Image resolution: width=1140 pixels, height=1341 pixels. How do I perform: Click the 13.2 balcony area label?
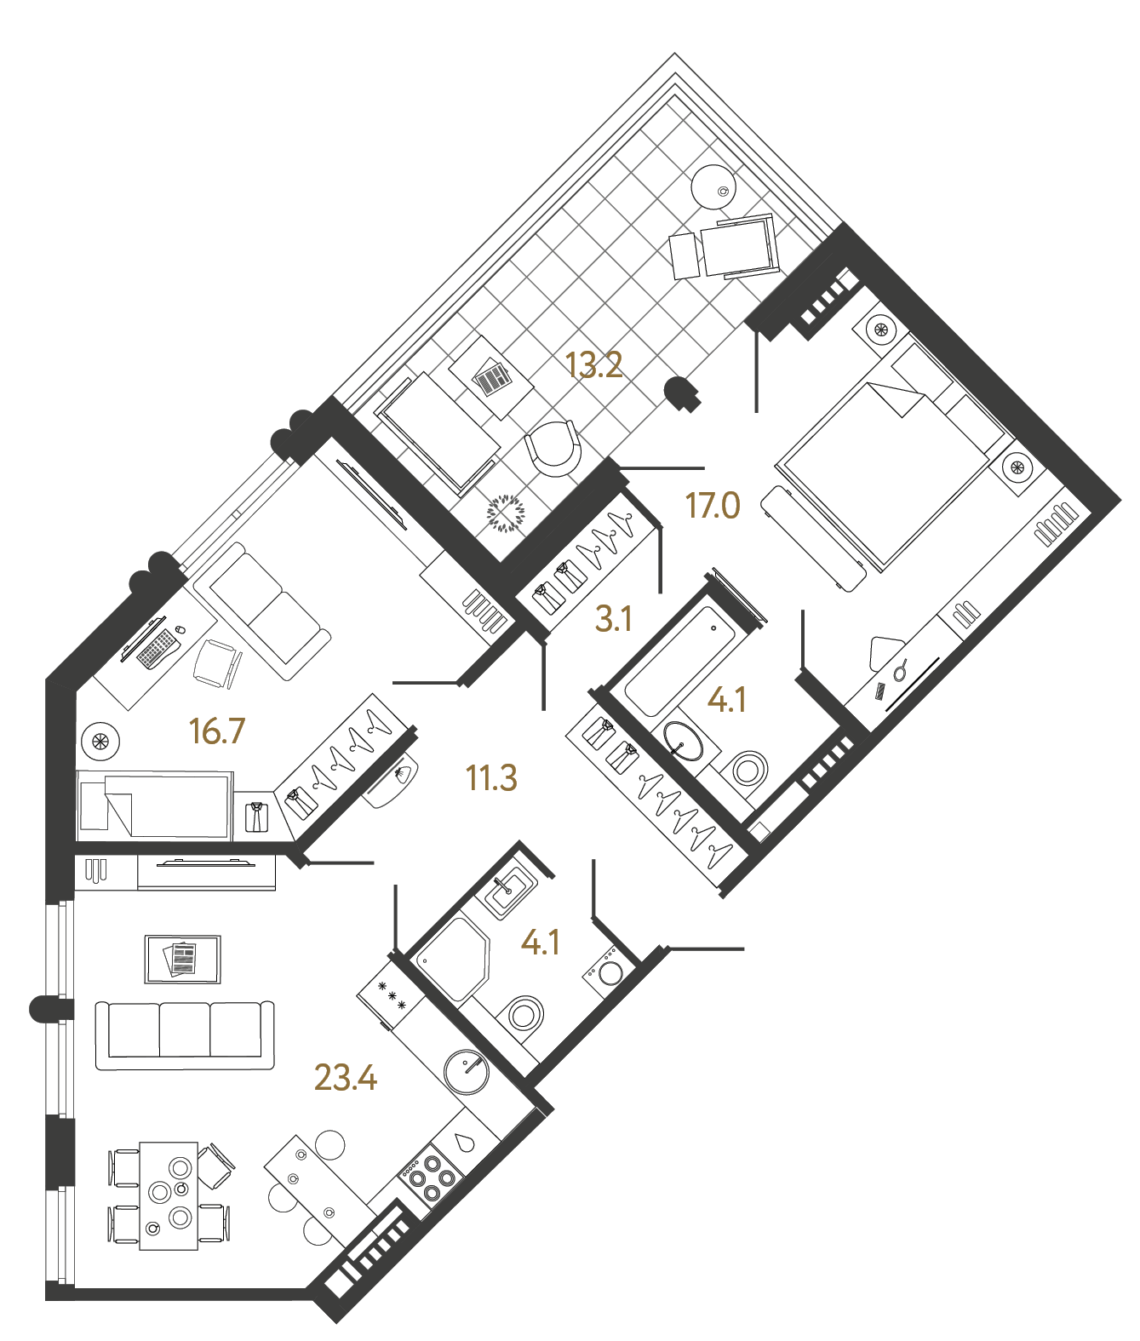coord(594,365)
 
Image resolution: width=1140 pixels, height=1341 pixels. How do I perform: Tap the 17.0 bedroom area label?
coord(713,506)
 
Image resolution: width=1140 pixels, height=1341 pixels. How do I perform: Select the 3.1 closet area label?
coord(613,619)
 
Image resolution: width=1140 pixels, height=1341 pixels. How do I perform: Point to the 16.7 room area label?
coord(217,731)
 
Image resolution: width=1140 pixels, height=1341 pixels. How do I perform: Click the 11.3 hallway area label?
coord(491,778)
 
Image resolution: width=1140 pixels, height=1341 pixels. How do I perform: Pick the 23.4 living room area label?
coord(345,1078)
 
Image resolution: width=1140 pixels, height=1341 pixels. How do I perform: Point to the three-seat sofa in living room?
coord(185,1034)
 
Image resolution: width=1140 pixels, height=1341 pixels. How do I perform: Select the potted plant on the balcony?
coord(506,513)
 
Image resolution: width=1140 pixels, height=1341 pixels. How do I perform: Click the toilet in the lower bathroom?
coord(524,1015)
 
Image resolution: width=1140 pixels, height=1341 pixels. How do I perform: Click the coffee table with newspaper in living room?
coord(183,959)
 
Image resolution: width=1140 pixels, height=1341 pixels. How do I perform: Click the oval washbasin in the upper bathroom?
coord(683,742)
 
